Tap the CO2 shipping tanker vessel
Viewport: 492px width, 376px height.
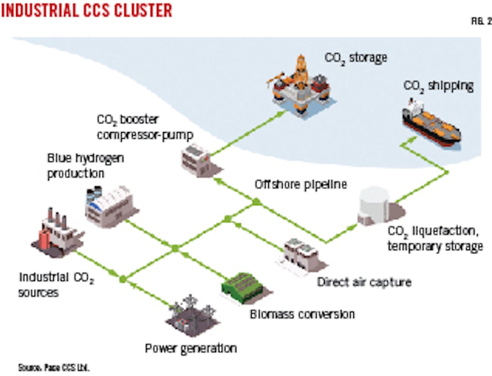click(432, 121)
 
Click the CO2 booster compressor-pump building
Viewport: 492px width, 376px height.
click(195, 156)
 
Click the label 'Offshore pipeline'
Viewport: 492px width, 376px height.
click(300, 184)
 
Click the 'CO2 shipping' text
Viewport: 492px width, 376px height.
click(438, 85)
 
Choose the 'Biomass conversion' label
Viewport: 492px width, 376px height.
click(302, 314)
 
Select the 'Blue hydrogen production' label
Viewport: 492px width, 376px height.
click(85, 166)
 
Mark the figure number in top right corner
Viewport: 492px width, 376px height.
click(479, 22)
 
